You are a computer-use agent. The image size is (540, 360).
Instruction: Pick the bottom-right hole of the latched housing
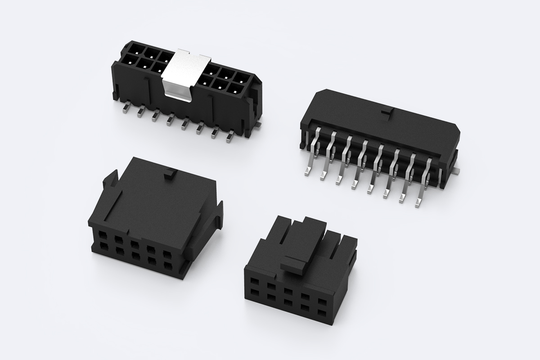coord(322,312)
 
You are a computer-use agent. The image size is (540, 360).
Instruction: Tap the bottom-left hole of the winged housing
coord(101,247)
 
